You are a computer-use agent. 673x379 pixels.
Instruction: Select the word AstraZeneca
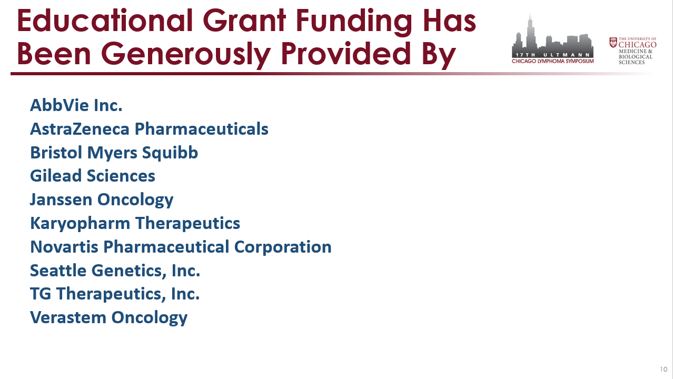coord(80,129)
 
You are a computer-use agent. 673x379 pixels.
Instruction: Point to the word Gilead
coord(56,176)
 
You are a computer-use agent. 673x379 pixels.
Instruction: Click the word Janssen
coord(61,200)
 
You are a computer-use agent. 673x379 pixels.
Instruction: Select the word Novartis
coord(64,247)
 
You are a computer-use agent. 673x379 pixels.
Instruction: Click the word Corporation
coord(283,247)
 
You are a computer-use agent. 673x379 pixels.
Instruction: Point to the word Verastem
coord(68,317)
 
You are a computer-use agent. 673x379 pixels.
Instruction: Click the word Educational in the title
coord(105,21)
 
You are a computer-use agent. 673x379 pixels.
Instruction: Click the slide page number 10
coord(664,369)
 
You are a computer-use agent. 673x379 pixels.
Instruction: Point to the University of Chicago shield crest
coord(613,42)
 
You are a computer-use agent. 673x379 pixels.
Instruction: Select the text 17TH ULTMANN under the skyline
coord(552,55)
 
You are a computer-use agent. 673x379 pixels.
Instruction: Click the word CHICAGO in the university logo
coord(637,45)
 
